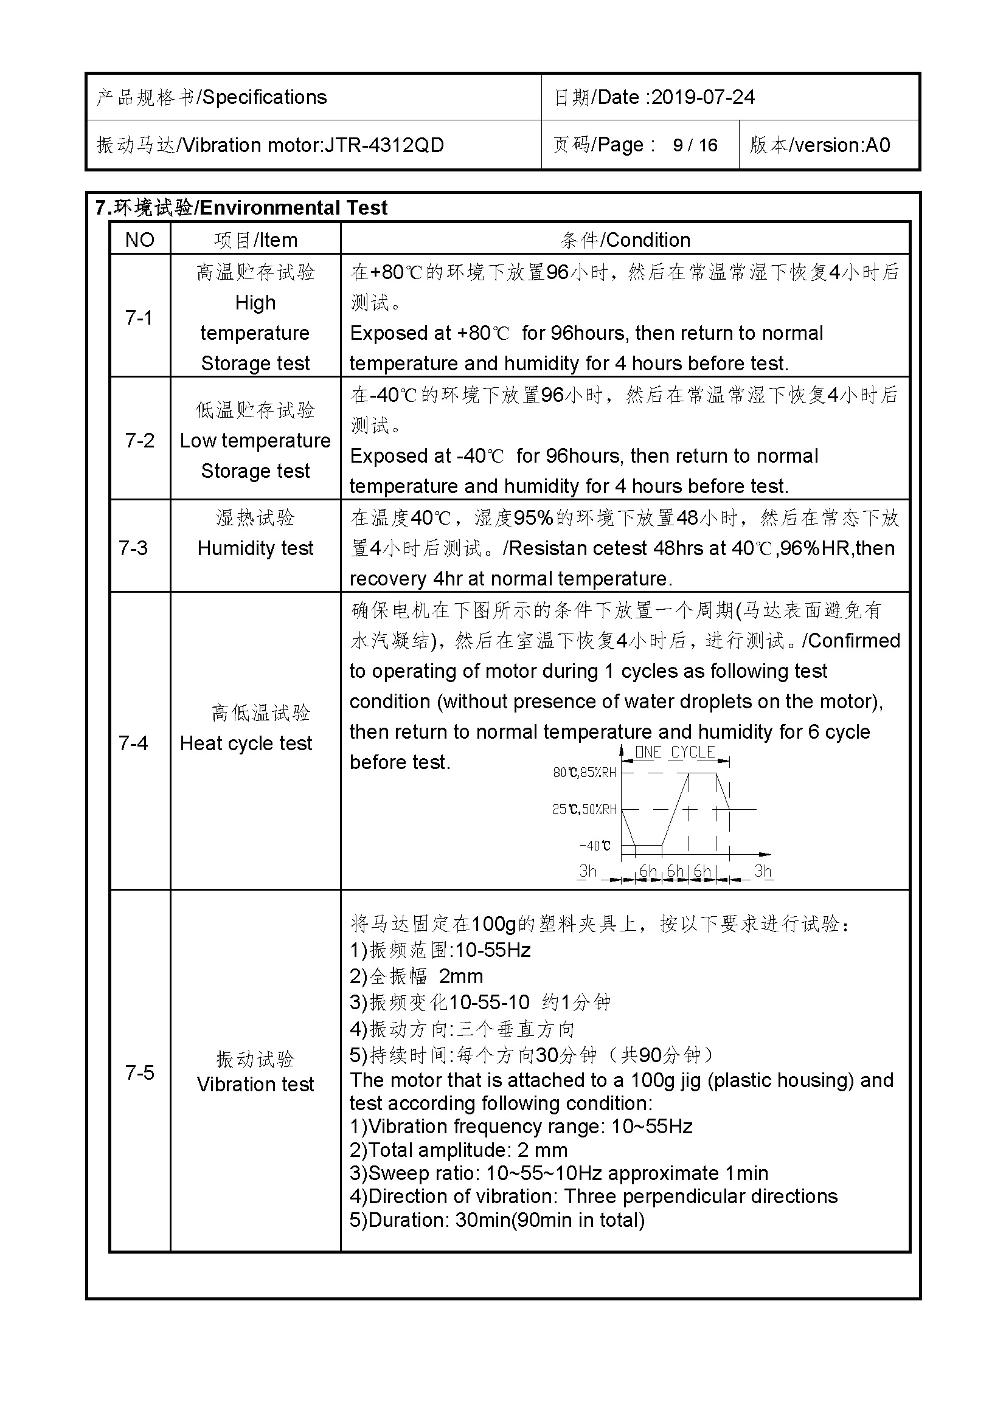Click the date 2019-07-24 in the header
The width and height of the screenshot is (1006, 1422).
point(703,97)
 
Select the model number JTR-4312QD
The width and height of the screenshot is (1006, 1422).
point(384,145)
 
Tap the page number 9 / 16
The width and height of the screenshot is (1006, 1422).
point(695,145)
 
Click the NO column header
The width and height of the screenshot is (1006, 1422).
point(140,240)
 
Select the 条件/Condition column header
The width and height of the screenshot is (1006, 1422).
point(625,240)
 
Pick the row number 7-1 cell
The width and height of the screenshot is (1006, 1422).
point(139,317)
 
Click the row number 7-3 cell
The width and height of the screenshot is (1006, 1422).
point(134,548)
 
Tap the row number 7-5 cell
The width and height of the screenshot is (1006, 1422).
point(139,1072)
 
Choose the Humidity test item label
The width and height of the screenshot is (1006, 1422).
point(255,548)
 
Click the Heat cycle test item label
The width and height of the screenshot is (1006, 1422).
point(246,743)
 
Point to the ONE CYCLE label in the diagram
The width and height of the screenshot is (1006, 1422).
point(675,753)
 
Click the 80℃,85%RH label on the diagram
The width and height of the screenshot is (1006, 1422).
point(584,772)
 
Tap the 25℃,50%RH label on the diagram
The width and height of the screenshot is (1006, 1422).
point(584,809)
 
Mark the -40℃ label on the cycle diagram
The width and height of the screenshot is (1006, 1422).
point(595,846)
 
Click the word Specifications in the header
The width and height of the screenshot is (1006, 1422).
point(265,97)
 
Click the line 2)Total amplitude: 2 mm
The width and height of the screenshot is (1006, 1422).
point(459,1150)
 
